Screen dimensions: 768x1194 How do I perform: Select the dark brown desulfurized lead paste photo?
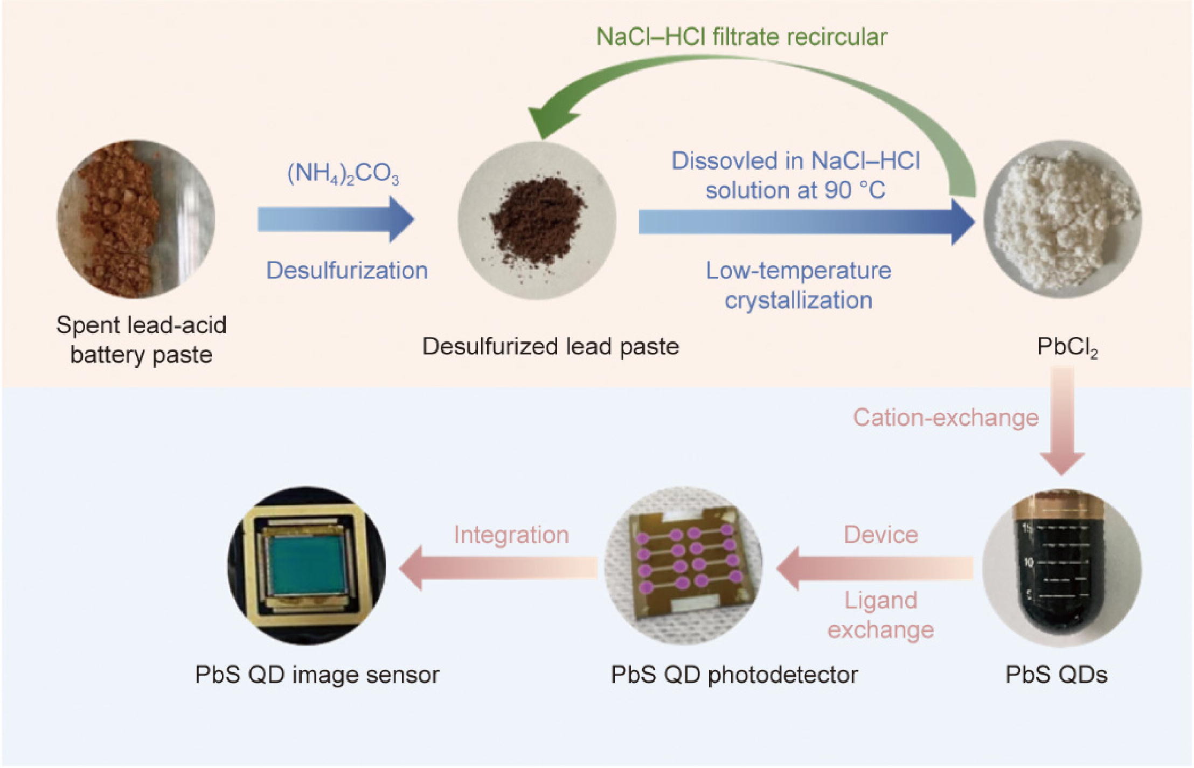[537, 220]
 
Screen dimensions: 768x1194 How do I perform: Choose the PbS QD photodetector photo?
[683, 566]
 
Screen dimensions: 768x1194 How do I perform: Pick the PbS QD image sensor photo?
[307, 566]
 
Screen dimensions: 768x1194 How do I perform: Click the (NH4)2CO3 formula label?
[343, 174]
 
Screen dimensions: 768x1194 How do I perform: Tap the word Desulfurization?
[347, 271]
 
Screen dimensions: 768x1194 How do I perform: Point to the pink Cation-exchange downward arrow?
[1062, 420]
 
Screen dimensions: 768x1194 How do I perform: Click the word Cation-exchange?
[946, 418]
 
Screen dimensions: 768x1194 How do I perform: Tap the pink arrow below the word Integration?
[498, 568]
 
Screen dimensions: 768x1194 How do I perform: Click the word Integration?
[511, 535]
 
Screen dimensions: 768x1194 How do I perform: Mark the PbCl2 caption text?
[1067, 348]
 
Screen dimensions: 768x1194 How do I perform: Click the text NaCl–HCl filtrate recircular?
[741, 37]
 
